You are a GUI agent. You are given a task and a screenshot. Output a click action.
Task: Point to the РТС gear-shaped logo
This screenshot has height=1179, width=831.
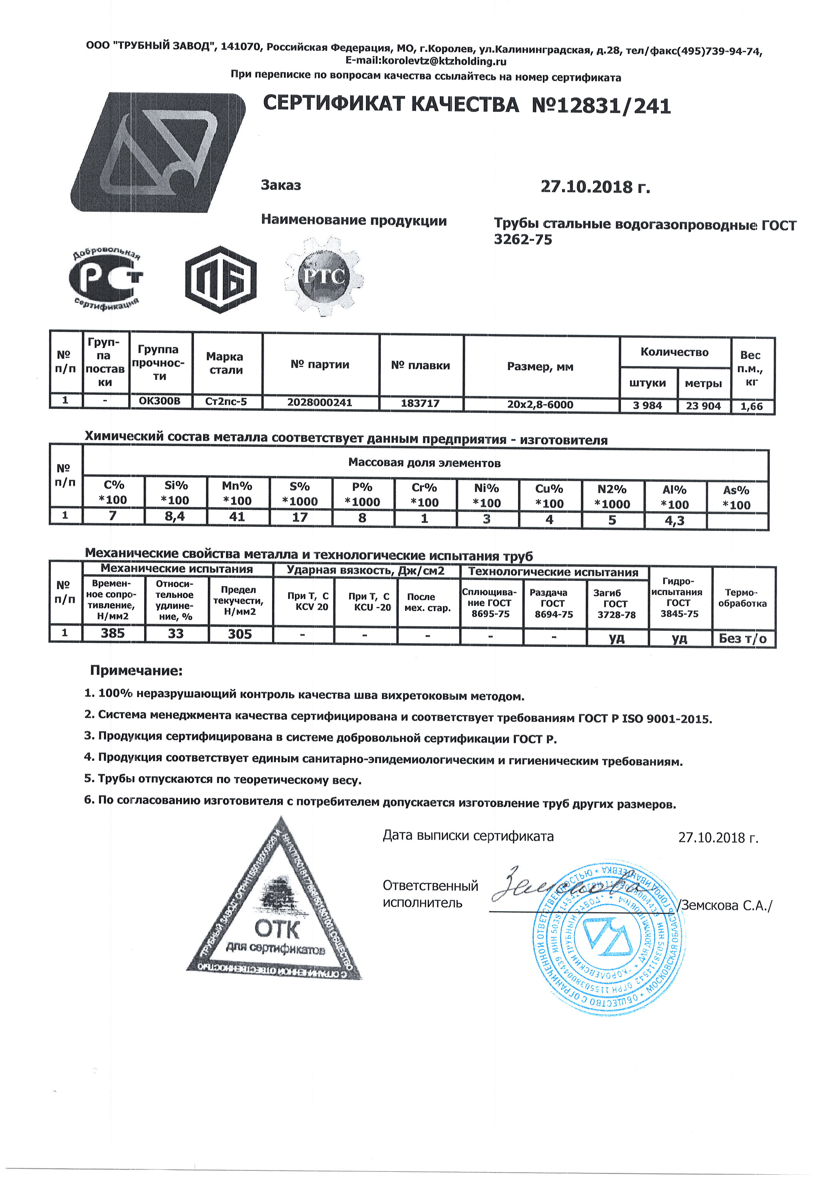point(324,277)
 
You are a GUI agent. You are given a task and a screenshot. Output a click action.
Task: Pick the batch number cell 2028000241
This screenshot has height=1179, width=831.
point(320,403)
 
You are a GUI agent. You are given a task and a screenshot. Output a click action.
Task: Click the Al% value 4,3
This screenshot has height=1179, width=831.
point(675,521)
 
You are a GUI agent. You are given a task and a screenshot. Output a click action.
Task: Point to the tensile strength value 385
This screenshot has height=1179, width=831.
point(113,633)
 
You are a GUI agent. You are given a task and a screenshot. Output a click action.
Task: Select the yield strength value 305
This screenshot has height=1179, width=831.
point(240,634)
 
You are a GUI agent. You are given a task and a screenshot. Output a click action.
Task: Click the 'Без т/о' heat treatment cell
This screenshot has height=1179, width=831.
point(743,639)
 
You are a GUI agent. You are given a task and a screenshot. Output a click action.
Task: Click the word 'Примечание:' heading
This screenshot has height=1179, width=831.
point(136,671)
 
